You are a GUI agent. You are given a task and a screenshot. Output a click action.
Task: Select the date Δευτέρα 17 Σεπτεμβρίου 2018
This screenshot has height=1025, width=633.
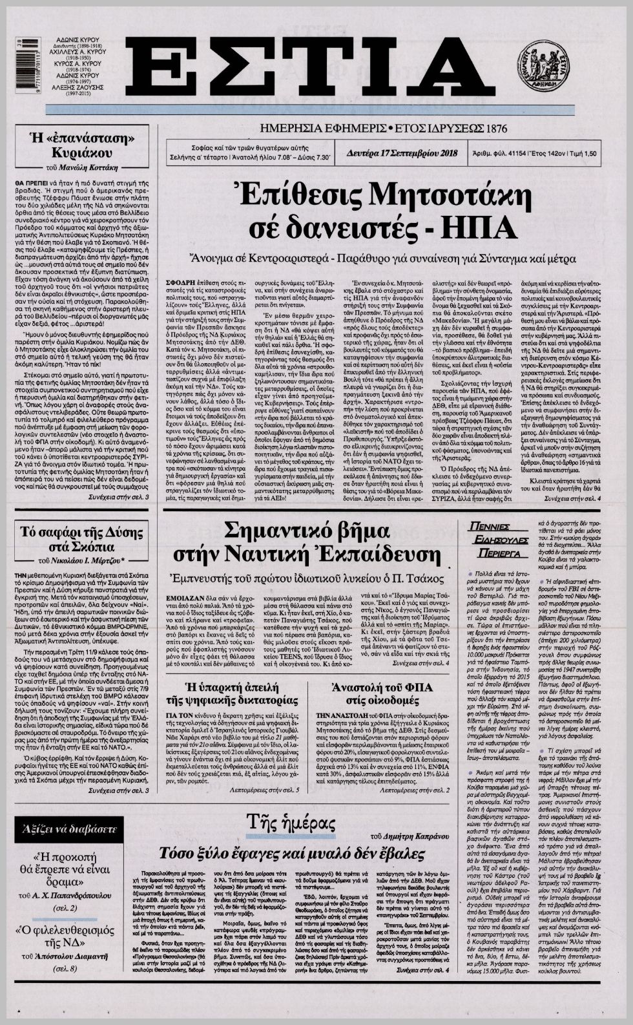(402, 153)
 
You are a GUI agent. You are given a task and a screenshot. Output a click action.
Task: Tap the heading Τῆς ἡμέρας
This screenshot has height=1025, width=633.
(291, 823)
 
